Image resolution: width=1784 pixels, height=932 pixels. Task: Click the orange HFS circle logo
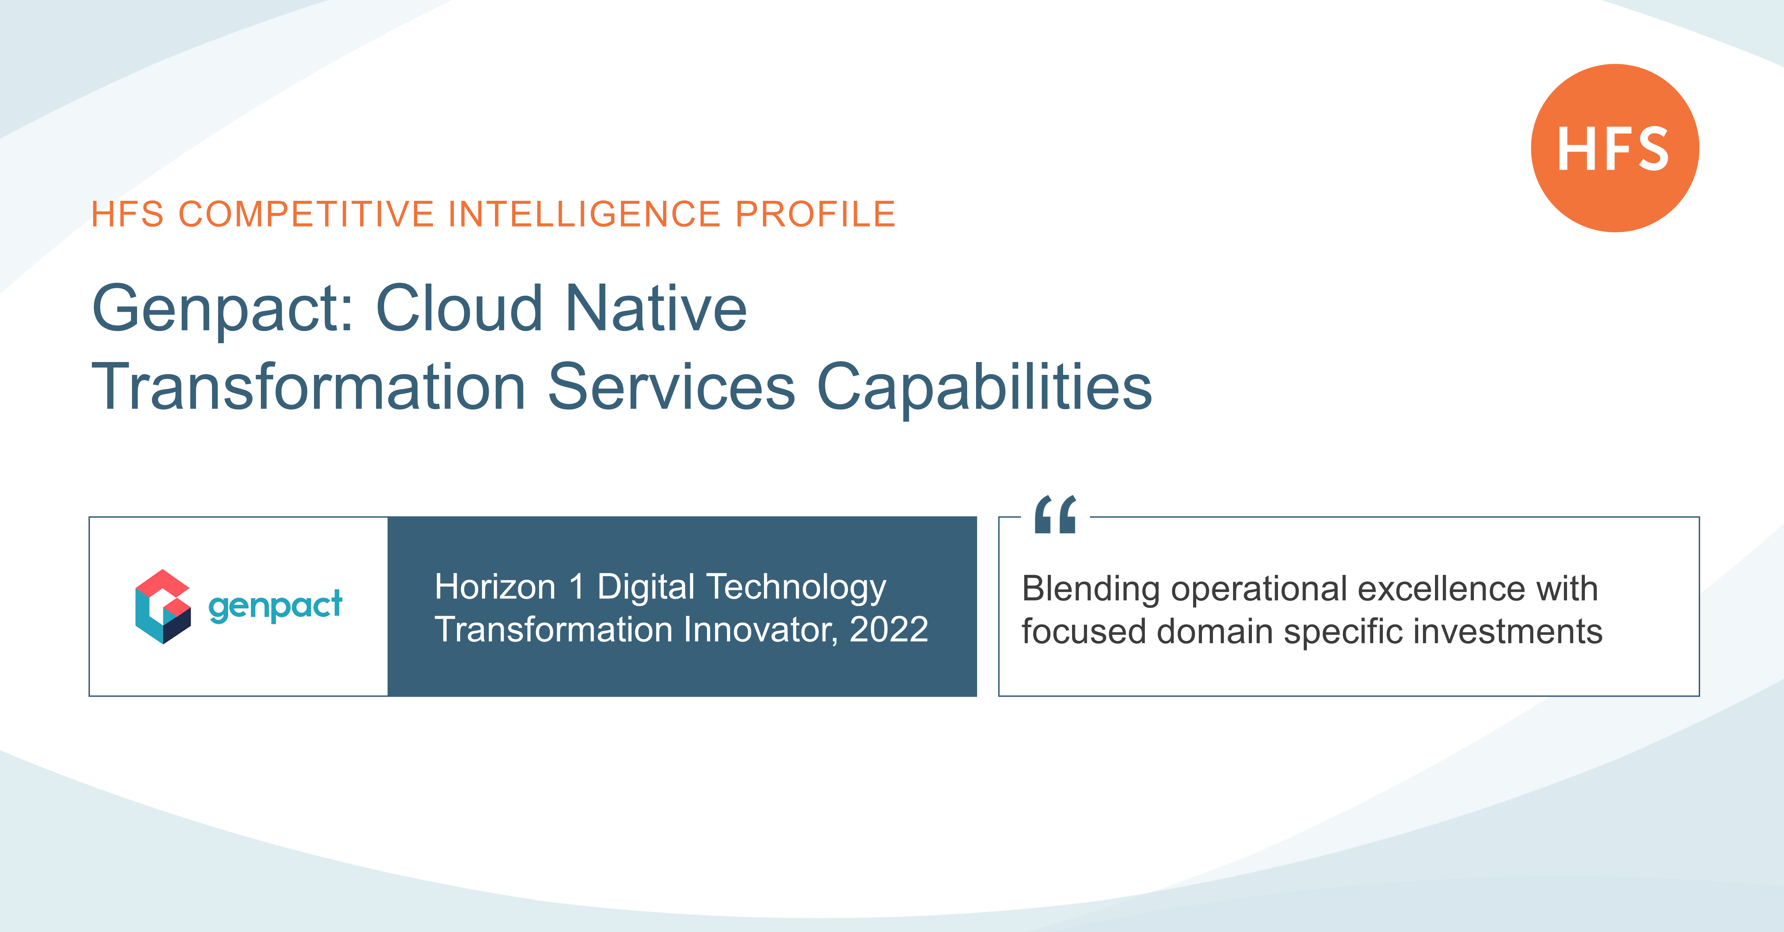point(1614,148)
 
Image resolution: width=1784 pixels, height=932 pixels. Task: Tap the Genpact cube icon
point(163,607)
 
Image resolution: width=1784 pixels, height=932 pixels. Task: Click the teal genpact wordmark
point(275,607)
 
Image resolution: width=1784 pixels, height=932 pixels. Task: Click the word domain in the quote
point(1216,631)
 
